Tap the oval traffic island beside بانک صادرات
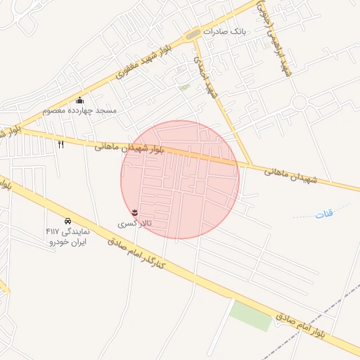[x=192, y=34]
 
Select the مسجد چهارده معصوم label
[x=79, y=110]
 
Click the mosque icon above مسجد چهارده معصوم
[x=79, y=100]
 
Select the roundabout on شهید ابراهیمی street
[x=300, y=103]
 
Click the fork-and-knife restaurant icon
[x=60, y=144]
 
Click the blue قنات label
[x=324, y=214]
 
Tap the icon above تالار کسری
[x=134, y=212]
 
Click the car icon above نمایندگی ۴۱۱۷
[x=67, y=221]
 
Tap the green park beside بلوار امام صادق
[x=251, y=314]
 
